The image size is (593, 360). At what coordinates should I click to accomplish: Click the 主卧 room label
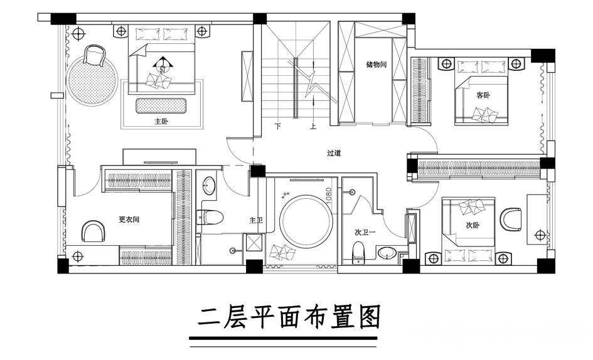click(x=161, y=122)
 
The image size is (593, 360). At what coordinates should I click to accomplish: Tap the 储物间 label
click(x=377, y=64)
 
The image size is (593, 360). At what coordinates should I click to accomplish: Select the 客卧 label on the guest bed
click(x=483, y=95)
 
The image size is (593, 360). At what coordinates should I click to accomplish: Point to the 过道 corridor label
click(x=334, y=153)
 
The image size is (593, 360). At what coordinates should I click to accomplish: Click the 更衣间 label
click(x=129, y=220)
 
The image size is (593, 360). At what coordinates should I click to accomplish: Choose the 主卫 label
click(x=256, y=220)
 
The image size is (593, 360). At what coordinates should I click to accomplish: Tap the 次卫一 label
click(x=365, y=232)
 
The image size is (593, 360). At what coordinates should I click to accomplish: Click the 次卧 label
click(x=473, y=225)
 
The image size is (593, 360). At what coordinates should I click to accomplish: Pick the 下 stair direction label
click(x=278, y=126)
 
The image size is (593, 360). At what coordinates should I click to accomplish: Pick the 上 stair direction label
click(x=313, y=126)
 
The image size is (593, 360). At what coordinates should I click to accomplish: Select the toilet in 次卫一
click(x=358, y=252)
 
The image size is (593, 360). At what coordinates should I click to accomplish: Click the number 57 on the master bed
click(x=163, y=70)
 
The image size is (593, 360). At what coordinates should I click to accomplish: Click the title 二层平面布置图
click(x=289, y=317)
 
